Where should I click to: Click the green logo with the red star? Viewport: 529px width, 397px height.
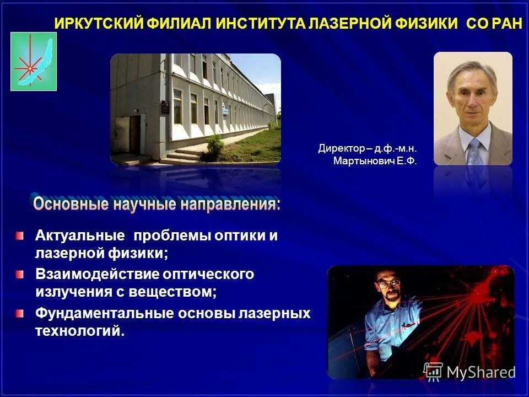(34, 61)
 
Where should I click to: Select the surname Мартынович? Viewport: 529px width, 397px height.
(360, 161)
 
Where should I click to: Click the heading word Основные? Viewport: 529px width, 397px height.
(71, 205)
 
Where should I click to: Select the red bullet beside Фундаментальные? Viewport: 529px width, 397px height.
(20, 313)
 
